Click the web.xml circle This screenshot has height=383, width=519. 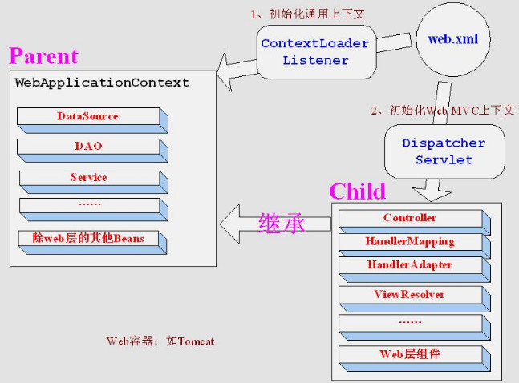click(x=452, y=40)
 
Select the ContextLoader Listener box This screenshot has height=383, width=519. click(x=317, y=52)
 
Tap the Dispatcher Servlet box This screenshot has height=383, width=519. click(x=444, y=151)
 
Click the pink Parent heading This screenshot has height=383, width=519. click(x=43, y=56)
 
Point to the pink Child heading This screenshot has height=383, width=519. click(x=358, y=191)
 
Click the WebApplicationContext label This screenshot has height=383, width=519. click(x=102, y=83)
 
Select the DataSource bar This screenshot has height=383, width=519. click(x=93, y=120)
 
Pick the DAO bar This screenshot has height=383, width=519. click(x=93, y=151)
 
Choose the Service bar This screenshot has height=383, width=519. click(x=94, y=182)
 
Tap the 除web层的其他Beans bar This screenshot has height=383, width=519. click(x=92, y=243)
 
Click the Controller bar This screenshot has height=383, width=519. click(x=415, y=222)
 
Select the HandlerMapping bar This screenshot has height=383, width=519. click(x=415, y=246)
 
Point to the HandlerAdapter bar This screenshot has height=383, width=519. click(x=415, y=269)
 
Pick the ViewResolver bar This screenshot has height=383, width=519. click(x=415, y=300)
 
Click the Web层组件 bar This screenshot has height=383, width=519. click(x=415, y=358)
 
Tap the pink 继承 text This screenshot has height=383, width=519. click(x=282, y=223)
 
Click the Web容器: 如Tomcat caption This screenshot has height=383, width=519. click(x=160, y=341)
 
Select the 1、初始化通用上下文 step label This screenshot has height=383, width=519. click(x=307, y=14)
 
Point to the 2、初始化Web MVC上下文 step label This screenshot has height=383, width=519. click(x=443, y=110)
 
